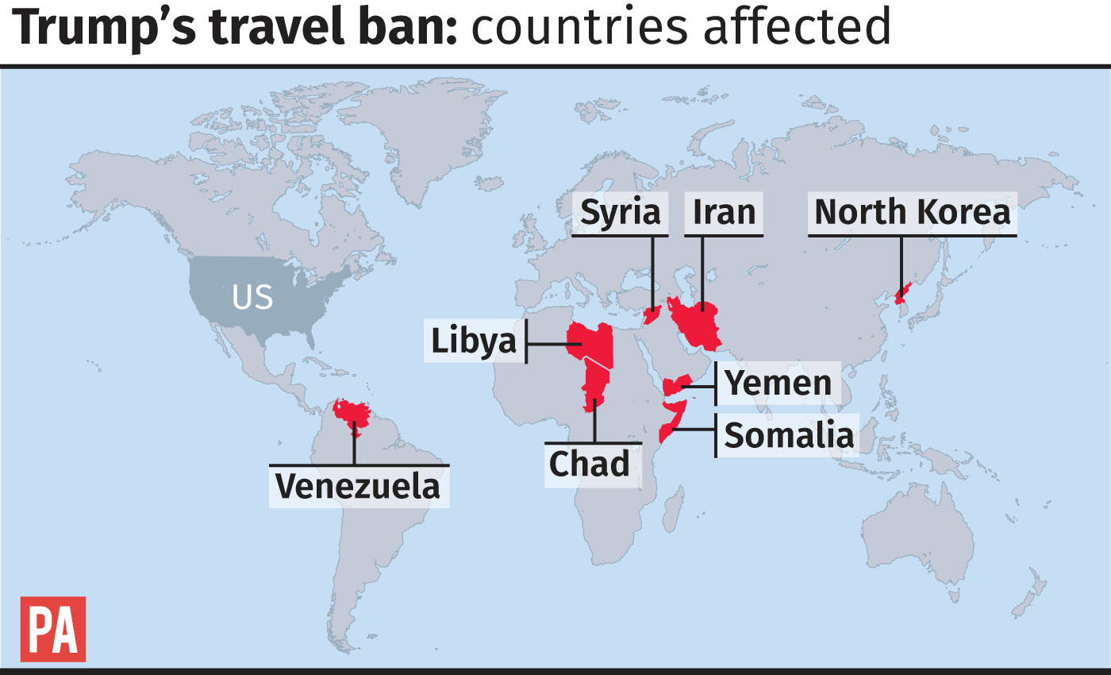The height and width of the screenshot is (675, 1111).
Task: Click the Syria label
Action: point(620,213)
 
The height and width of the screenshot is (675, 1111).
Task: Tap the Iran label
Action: point(724,213)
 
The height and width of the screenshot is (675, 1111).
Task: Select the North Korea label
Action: point(912,213)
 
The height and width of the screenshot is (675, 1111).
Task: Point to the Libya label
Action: point(474,341)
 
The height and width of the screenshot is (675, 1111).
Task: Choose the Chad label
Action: point(589,464)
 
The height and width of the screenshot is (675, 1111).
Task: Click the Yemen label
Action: point(778,384)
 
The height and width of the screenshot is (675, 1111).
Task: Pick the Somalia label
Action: point(789,436)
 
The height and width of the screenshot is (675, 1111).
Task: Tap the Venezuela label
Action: point(357,485)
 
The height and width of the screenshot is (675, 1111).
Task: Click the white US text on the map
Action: point(252,298)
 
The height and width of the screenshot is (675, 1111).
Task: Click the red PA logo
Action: point(52,629)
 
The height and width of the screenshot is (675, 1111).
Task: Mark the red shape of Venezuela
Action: point(352,413)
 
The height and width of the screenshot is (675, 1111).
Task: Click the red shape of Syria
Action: point(652,315)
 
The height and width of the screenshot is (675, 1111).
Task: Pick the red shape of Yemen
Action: point(675,387)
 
